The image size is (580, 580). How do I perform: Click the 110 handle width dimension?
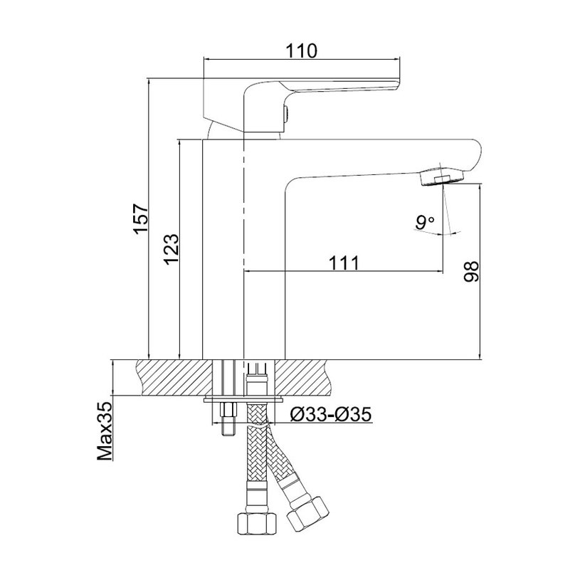pyautogui.click(x=302, y=51)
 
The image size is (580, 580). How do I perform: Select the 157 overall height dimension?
pyautogui.click(x=141, y=218)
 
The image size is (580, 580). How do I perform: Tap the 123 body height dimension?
pyautogui.click(x=172, y=249)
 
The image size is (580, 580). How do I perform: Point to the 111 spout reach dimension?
pyautogui.click(x=344, y=263)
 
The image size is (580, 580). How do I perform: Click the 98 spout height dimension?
pyautogui.click(x=471, y=272)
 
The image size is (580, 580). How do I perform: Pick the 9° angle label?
pyautogui.click(x=425, y=222)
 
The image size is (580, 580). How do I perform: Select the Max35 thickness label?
pyautogui.click(x=105, y=431)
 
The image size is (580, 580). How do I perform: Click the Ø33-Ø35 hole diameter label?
pyautogui.click(x=330, y=415)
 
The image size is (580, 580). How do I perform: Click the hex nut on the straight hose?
pyautogui.click(x=257, y=523)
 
